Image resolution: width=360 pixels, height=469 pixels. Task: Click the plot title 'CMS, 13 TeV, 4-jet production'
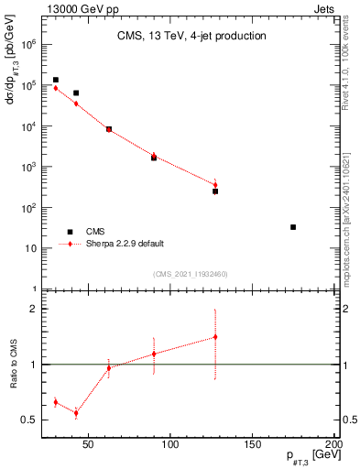coord(191,36)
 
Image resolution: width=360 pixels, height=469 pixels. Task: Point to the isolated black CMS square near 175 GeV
coord(293,227)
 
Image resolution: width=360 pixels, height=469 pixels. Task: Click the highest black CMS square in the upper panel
coord(56,81)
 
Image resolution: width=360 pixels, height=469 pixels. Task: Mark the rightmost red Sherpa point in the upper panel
coord(215,185)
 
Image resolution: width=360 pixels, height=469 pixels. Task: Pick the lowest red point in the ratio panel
coord(76,413)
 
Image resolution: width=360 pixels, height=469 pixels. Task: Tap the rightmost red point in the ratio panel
coord(215,337)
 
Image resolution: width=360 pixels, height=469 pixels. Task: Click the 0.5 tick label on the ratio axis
coord(29,420)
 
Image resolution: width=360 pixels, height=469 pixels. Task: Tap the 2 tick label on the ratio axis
coord(34,310)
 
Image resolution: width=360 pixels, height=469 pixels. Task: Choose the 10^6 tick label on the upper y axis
coord(27,44)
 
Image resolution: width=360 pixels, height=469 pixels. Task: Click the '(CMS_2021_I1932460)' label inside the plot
coord(191,274)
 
